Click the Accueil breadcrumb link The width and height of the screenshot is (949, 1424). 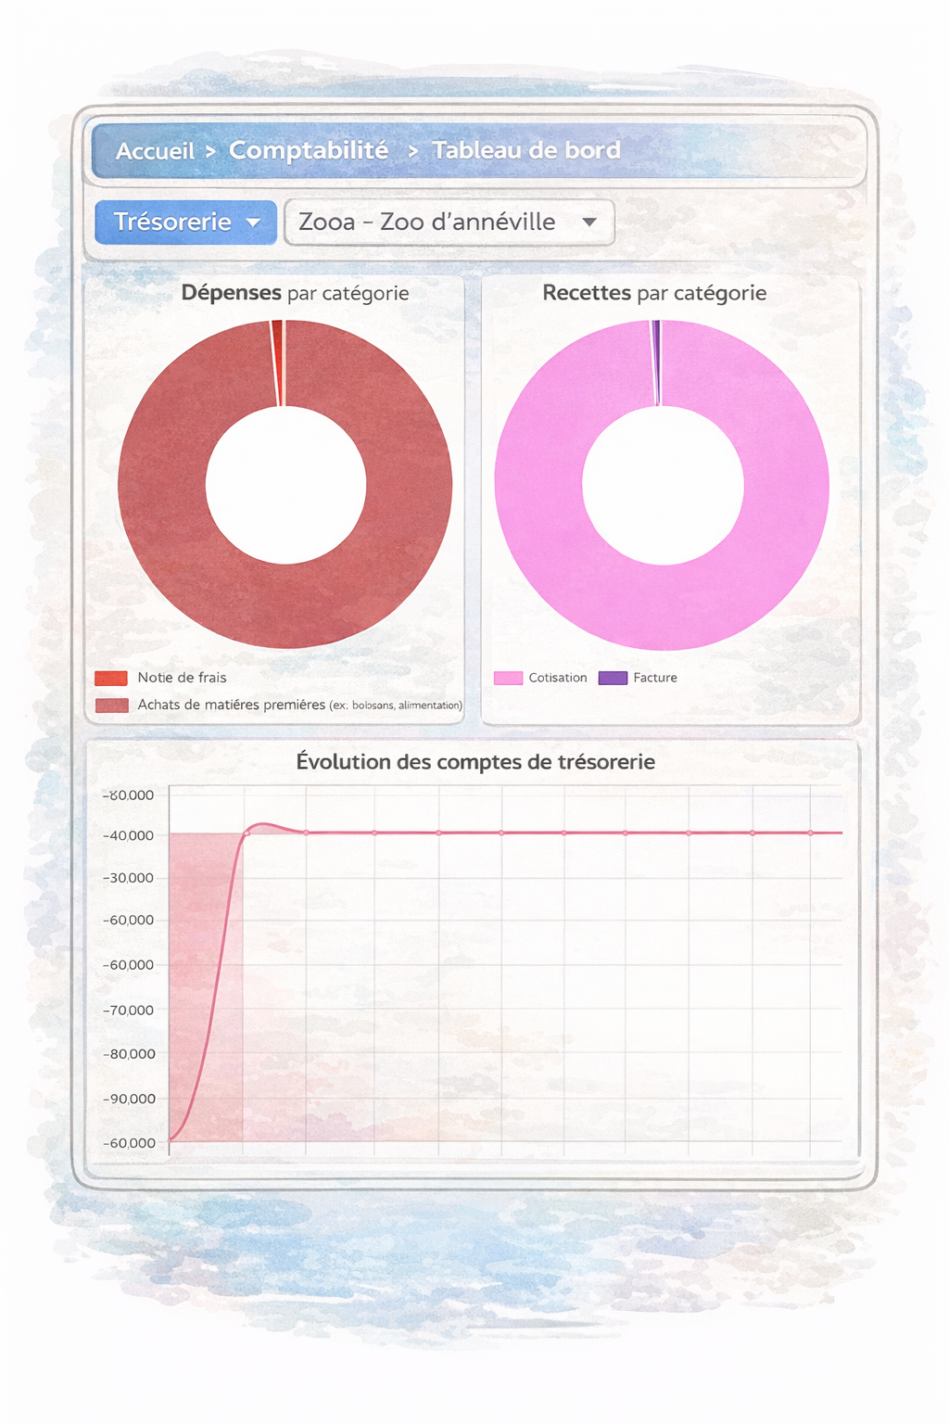coord(155,151)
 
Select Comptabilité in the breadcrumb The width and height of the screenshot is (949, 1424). coord(309,150)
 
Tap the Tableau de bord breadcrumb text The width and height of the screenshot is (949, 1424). coord(525,150)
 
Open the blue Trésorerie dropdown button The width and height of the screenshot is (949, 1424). coord(185,222)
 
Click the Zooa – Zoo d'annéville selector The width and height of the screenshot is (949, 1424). coord(449,222)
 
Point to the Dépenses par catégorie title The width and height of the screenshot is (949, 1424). coord(295,293)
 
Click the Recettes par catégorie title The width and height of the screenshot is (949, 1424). coord(654,293)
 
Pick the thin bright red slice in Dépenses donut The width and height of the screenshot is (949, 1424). coord(277,362)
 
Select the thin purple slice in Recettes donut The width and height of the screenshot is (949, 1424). coord(656,362)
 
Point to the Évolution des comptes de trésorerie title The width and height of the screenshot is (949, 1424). coord(475,762)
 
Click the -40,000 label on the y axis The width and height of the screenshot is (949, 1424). coord(128,835)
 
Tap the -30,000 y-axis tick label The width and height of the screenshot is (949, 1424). coord(128,878)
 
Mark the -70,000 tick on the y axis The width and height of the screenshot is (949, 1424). coord(128,1010)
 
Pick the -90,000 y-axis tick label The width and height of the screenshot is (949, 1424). coord(128,1099)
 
